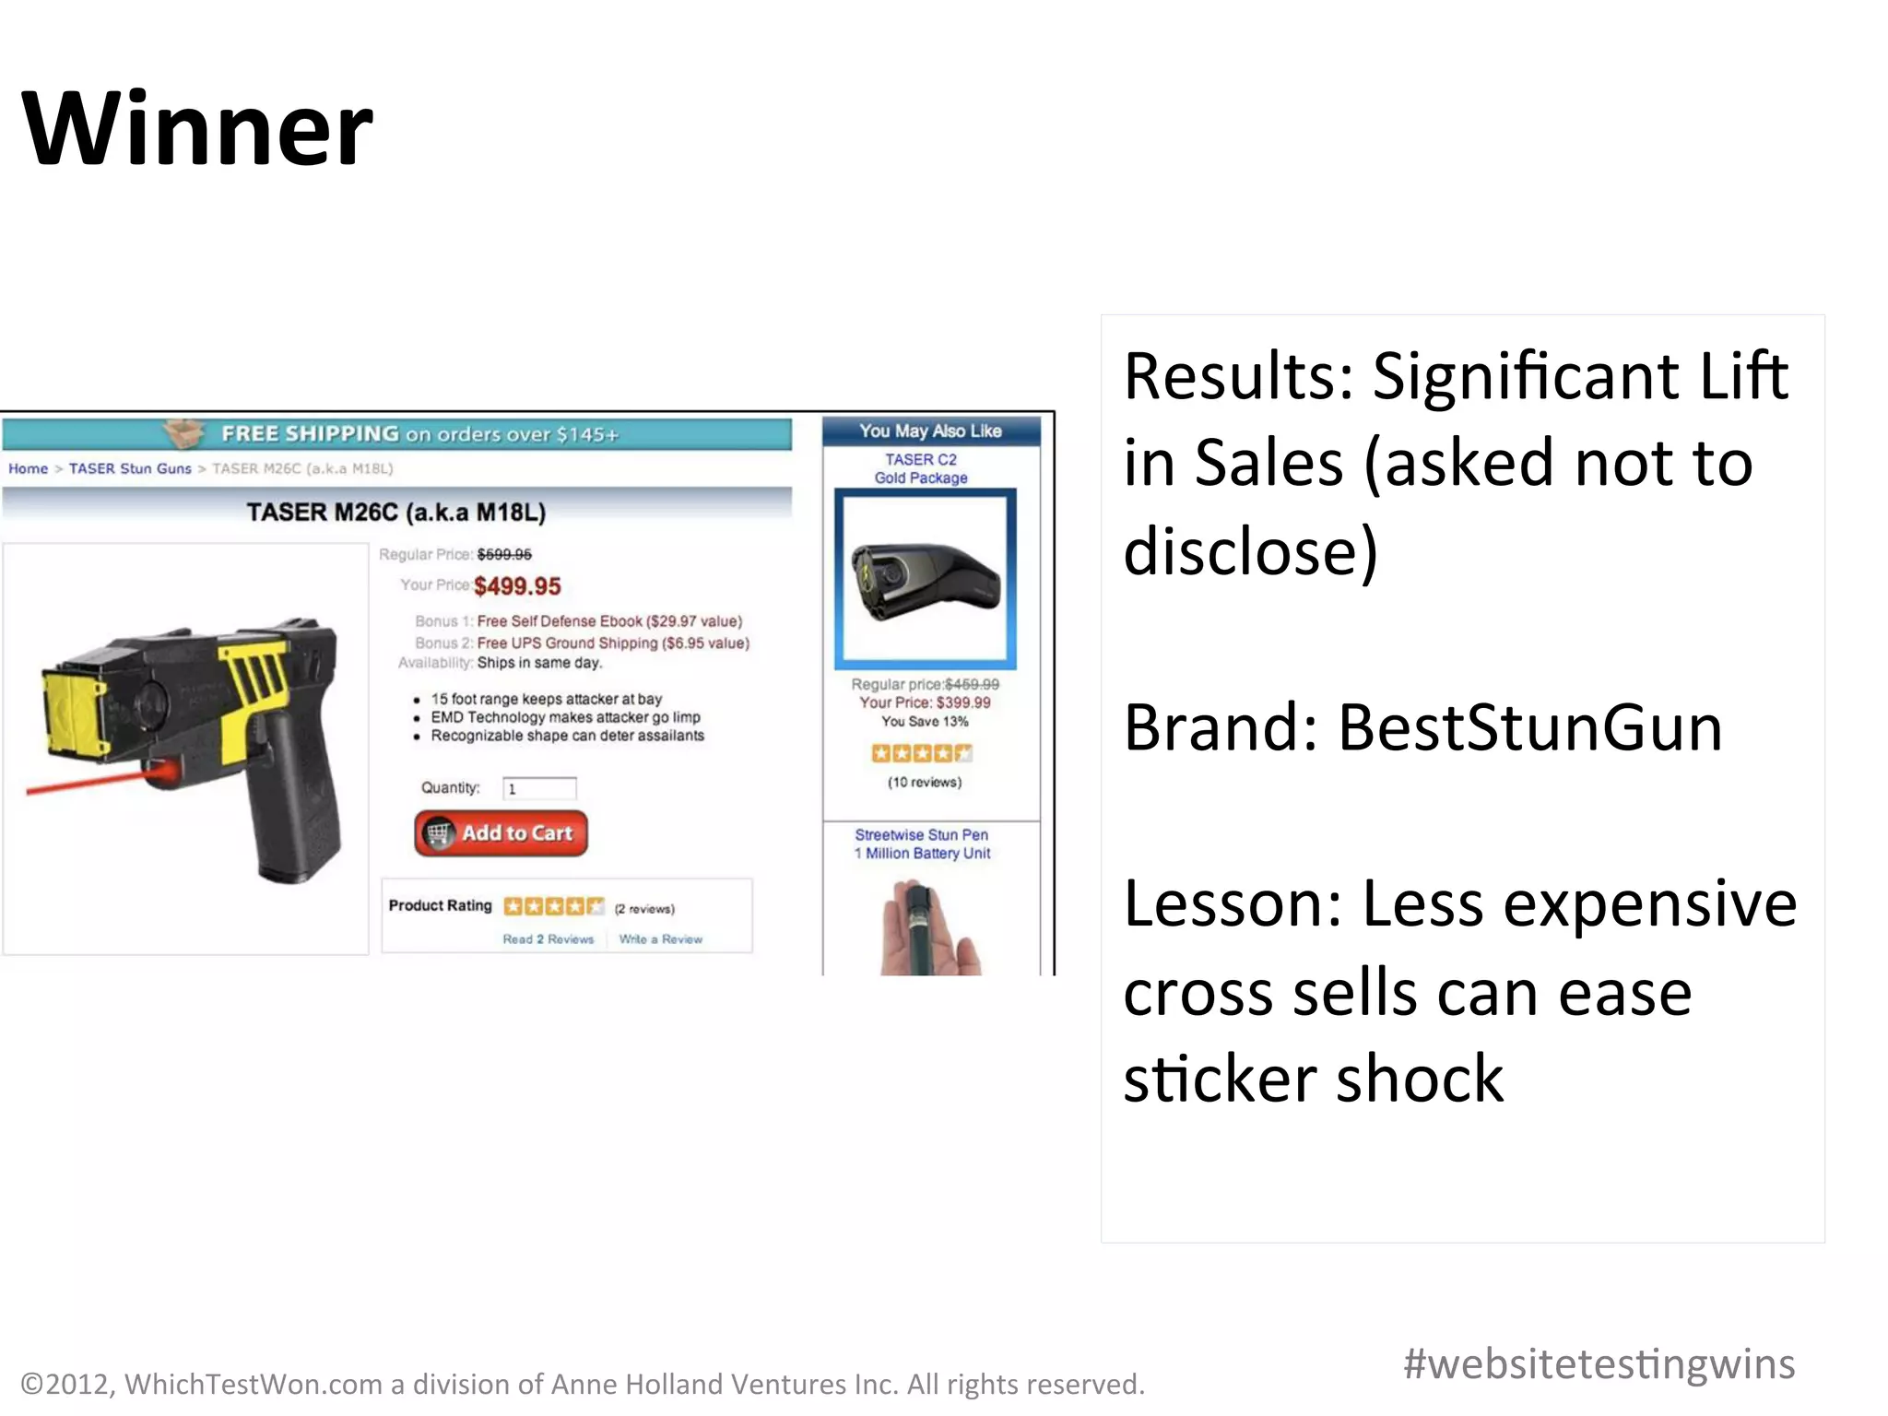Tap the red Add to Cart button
click(x=501, y=833)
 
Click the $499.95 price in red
click(x=517, y=586)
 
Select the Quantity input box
click(x=539, y=788)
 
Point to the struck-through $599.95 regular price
click(x=504, y=554)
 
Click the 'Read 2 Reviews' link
click(x=548, y=939)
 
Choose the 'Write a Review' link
click(x=660, y=939)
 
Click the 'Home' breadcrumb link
click(x=28, y=468)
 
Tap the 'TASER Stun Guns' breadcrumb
click(x=130, y=468)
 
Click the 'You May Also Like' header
click(x=930, y=431)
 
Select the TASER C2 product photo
click(x=926, y=578)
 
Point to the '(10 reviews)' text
click(x=925, y=782)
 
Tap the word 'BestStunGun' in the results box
click(x=1529, y=727)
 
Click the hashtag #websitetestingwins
click(x=1599, y=1363)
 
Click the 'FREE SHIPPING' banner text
click(x=310, y=433)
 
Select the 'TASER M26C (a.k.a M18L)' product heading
click(x=396, y=512)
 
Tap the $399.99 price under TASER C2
click(x=963, y=702)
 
